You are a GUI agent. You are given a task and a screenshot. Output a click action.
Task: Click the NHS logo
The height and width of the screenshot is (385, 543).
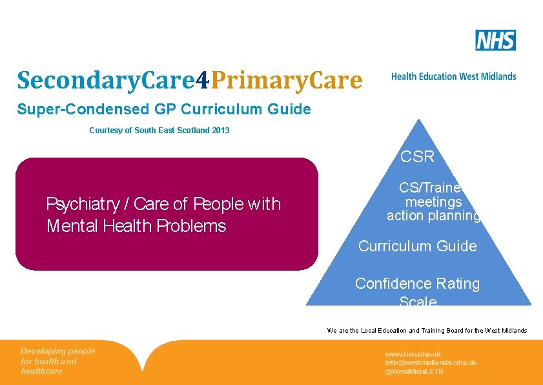pyautogui.click(x=495, y=40)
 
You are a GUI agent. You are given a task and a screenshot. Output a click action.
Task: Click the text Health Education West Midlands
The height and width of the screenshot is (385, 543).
pyautogui.click(x=453, y=76)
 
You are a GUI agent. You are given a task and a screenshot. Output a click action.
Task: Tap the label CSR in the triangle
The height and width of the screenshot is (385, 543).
pyautogui.click(x=418, y=157)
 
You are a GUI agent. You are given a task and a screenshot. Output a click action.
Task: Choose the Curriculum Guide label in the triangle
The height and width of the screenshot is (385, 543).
pyautogui.click(x=418, y=246)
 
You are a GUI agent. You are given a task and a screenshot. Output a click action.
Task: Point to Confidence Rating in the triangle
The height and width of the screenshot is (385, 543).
pyautogui.click(x=418, y=284)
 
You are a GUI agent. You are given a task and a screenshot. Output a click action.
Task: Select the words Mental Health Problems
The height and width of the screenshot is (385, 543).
pyautogui.click(x=136, y=226)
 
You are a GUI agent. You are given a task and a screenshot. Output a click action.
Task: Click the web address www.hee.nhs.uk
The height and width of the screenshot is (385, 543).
pyautogui.click(x=413, y=354)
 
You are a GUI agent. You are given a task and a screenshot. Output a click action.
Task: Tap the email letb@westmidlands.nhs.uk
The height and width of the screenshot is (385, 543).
pyautogui.click(x=431, y=362)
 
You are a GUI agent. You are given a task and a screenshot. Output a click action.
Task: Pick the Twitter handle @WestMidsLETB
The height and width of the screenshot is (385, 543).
pyautogui.click(x=414, y=371)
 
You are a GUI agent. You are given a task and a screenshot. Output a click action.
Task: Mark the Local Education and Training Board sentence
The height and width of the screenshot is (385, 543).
pyautogui.click(x=427, y=331)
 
